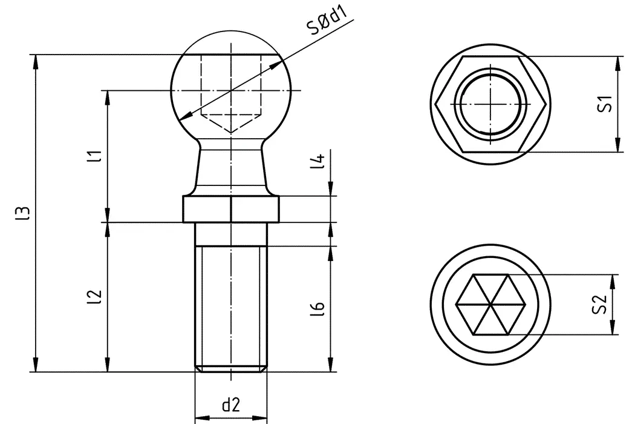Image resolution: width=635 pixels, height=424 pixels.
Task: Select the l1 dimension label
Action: coord(92,156)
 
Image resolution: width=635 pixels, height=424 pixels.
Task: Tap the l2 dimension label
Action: coord(92,296)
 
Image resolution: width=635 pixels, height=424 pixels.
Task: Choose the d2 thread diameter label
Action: coord(231,405)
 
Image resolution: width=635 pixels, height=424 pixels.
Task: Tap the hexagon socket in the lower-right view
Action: coord(491,305)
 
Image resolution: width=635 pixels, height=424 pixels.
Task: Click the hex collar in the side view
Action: coord(230,210)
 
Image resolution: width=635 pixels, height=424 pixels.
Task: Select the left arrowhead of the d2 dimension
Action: coord(200,418)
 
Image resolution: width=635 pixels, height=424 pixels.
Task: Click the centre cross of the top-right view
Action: coord(491,104)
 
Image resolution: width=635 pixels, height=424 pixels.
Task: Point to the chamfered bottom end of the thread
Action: coord(230,368)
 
